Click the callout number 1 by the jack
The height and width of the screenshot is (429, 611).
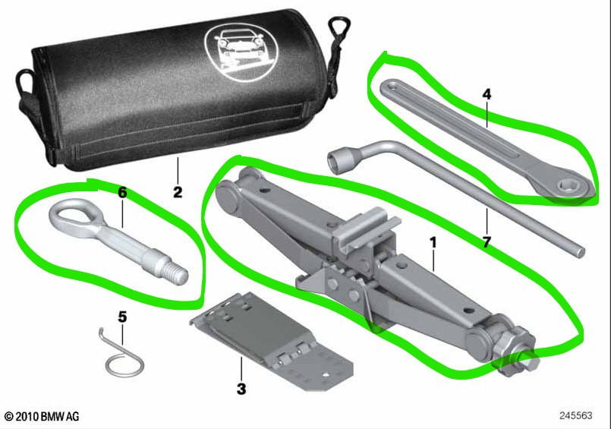click(433, 243)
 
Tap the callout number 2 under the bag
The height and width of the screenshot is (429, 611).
click(178, 192)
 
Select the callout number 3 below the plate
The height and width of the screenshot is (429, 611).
click(241, 389)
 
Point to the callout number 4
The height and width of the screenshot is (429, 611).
click(487, 94)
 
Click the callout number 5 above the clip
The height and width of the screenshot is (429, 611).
click(122, 317)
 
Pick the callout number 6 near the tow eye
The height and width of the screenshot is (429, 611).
click(122, 192)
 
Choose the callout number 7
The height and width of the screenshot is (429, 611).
click(487, 242)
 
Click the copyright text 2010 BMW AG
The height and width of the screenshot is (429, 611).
click(42, 417)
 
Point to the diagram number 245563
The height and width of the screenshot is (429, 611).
click(575, 416)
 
